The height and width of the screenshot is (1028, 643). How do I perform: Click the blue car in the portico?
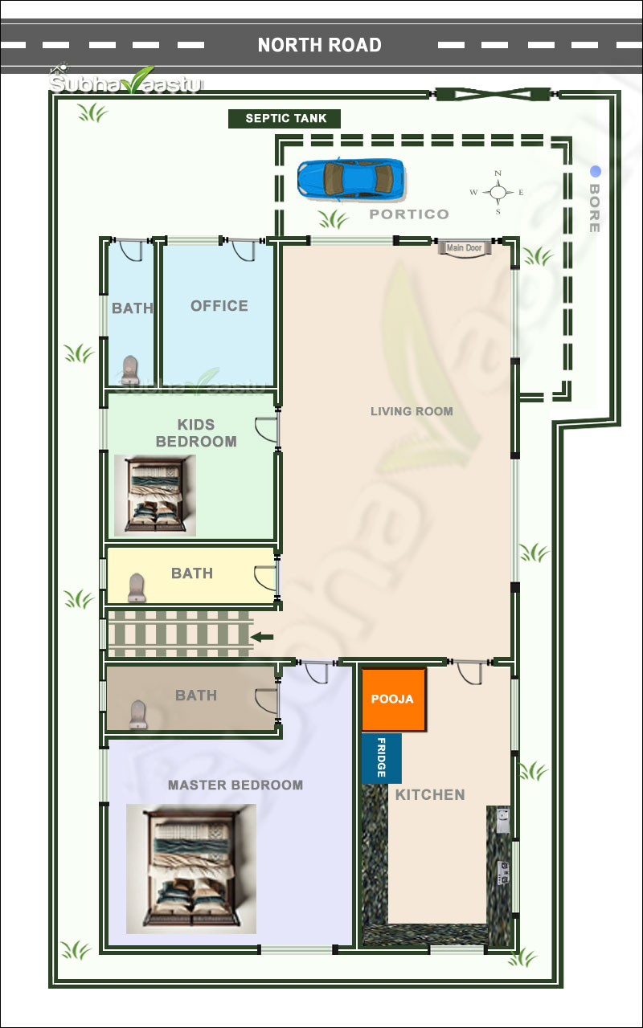coord(351,179)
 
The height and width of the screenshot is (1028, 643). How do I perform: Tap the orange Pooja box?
coord(393,699)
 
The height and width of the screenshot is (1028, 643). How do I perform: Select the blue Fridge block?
coord(381,757)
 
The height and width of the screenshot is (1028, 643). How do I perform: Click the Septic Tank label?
coord(285,118)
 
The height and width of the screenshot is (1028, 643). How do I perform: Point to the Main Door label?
coord(464,248)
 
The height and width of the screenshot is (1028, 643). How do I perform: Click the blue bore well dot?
coord(596,171)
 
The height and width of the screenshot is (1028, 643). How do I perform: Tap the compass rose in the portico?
coord(498,192)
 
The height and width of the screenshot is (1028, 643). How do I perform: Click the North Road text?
coord(319,45)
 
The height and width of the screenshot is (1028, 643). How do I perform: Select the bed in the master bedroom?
coord(191,868)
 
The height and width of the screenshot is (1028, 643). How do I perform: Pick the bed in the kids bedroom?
coord(155,496)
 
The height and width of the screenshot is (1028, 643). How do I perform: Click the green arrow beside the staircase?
coord(262,637)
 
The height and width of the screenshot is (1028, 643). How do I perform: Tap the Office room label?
coord(219,306)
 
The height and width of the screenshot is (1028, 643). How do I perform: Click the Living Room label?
coord(412,411)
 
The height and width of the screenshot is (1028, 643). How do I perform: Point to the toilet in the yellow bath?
coord(137,587)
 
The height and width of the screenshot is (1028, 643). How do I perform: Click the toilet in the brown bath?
coord(137,715)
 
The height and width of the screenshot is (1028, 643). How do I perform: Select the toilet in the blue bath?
coord(130,370)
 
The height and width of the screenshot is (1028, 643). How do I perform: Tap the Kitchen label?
coord(430,794)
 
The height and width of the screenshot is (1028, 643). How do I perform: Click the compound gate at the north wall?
coord(494,95)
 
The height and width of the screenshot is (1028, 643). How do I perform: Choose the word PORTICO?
coord(409,214)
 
